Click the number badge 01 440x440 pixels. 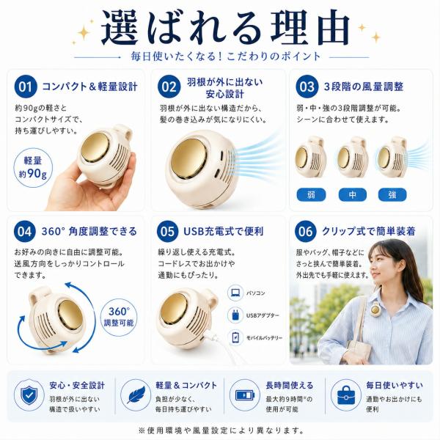[x=26, y=87]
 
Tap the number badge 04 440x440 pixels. [x=25, y=232]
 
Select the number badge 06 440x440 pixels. [x=306, y=232]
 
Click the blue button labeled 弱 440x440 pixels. [x=311, y=195]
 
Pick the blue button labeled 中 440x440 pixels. [x=353, y=195]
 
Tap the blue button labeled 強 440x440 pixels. [x=392, y=195]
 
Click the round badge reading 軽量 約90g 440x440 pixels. [x=33, y=168]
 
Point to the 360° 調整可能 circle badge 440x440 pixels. [x=119, y=317]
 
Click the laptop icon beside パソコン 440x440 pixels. [x=235, y=293]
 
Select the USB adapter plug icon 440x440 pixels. [x=235, y=315]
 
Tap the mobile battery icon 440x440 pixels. [x=235, y=337]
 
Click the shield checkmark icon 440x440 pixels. [x=29, y=395]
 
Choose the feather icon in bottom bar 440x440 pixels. [x=136, y=395]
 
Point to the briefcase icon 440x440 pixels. [x=346, y=395]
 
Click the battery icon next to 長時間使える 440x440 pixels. [x=245, y=395]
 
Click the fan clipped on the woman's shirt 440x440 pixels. [x=375, y=309]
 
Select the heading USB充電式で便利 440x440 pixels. [x=224, y=232]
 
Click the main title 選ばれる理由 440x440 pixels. [x=226, y=28]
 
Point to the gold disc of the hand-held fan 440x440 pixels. [x=95, y=147]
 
